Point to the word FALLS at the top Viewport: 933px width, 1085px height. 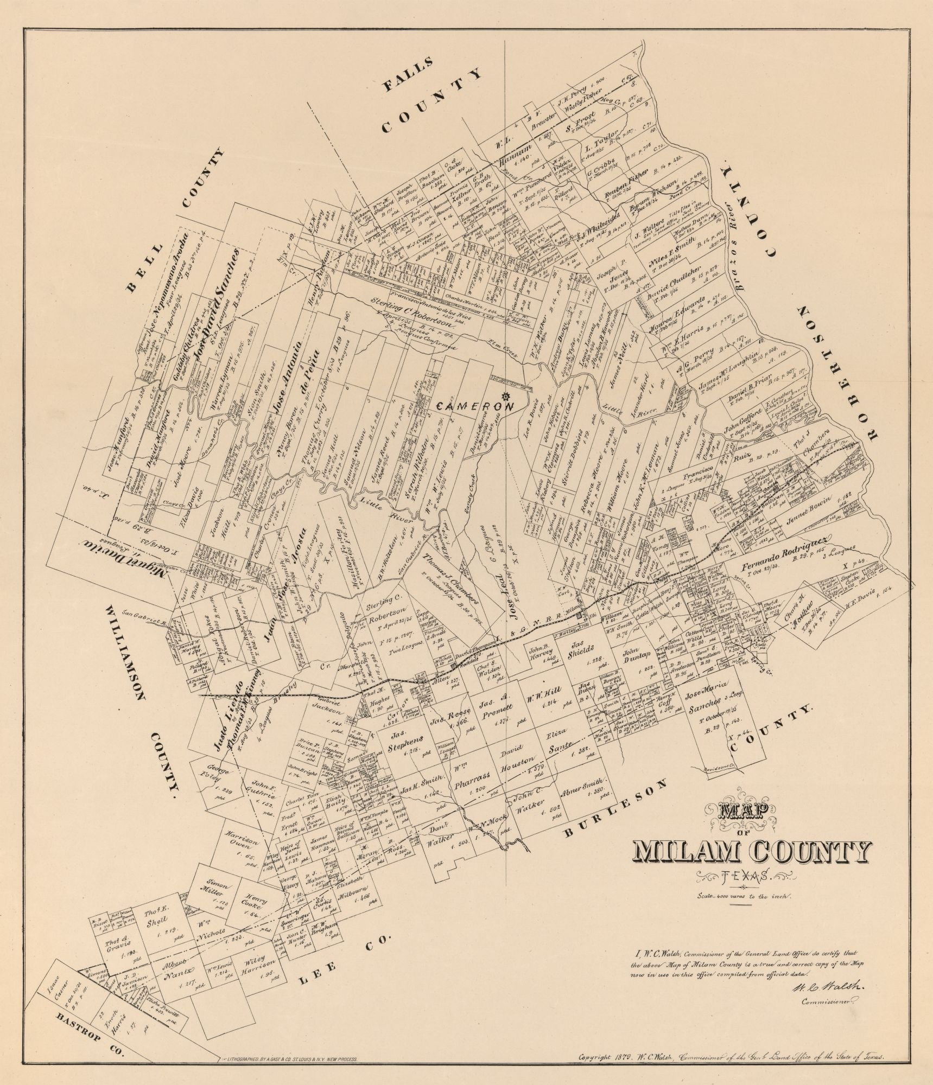click(x=410, y=74)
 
